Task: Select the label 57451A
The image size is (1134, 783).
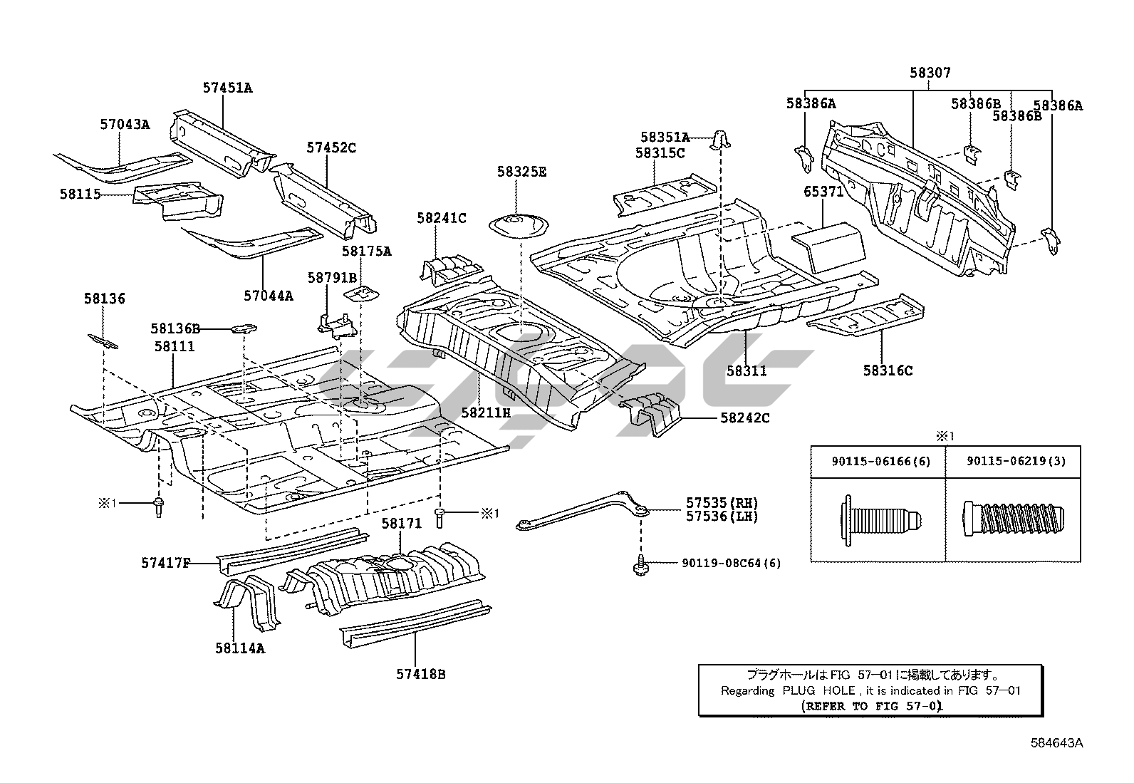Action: click(x=227, y=88)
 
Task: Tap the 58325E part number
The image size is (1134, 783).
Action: click(x=521, y=172)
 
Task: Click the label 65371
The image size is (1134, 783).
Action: click(x=823, y=192)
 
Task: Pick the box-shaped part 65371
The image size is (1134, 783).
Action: click(x=830, y=247)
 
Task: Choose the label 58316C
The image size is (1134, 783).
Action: click(x=888, y=370)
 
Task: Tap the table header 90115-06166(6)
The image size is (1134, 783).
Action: click(x=880, y=461)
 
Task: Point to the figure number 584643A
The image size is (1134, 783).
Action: click(x=1056, y=743)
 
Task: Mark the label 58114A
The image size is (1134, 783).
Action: click(x=240, y=648)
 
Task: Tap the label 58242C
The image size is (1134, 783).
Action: click(x=744, y=418)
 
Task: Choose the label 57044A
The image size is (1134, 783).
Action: click(x=269, y=295)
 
